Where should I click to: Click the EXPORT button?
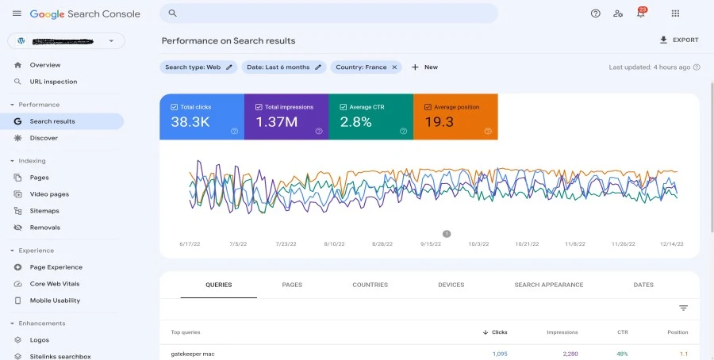click(679, 40)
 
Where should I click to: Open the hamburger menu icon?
click(17, 14)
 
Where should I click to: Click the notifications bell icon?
click(640, 13)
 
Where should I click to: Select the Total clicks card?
click(202, 117)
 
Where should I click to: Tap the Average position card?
click(455, 117)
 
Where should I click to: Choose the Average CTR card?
click(370, 117)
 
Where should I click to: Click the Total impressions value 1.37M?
click(276, 122)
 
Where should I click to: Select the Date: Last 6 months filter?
click(283, 67)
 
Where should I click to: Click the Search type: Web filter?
click(198, 67)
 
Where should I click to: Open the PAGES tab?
click(292, 285)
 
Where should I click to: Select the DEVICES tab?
click(451, 285)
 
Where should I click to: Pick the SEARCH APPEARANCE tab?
click(548, 285)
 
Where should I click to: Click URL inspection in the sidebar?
click(53, 82)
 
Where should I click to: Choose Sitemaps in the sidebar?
click(44, 211)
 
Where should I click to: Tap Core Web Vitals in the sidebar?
click(55, 284)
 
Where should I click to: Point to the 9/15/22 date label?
click(432, 244)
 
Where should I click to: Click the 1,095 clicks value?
click(499, 354)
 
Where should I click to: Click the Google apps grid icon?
click(675, 13)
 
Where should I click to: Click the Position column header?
click(678, 332)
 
